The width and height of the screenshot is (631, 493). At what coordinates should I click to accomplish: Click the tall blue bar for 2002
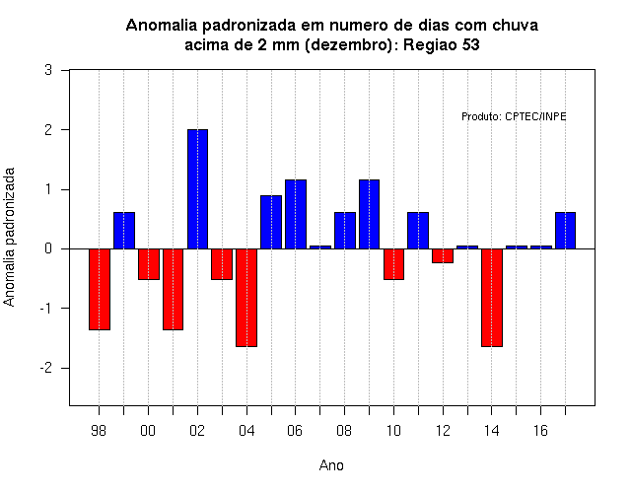(x=197, y=189)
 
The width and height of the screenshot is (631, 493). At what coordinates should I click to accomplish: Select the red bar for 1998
(x=100, y=289)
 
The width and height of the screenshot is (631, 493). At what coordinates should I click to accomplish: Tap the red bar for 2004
(x=246, y=298)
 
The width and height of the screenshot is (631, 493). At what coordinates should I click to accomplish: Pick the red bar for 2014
(x=492, y=298)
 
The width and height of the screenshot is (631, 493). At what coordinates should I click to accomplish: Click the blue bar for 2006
(x=296, y=214)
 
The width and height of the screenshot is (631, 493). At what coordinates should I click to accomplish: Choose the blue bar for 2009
(x=369, y=214)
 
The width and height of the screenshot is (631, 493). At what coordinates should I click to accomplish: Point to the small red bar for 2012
(x=443, y=256)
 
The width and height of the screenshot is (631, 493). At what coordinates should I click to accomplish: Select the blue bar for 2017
(x=565, y=231)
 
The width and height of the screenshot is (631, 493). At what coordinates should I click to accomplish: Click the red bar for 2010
(x=393, y=264)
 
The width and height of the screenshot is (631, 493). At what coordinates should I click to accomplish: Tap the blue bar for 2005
(x=271, y=222)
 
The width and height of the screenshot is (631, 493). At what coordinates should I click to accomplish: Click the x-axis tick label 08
(x=344, y=431)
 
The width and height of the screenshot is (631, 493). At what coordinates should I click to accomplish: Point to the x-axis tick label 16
(x=540, y=431)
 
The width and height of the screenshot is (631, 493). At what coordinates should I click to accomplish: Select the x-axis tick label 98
(x=99, y=431)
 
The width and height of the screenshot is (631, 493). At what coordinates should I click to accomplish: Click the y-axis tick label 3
(x=48, y=70)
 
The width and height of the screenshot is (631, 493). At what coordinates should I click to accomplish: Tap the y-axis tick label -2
(x=46, y=368)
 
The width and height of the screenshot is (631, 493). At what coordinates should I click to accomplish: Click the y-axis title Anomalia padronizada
(x=9, y=237)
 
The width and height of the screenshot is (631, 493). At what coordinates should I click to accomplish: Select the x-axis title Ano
(x=331, y=465)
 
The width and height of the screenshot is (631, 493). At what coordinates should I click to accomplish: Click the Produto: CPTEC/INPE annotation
(x=514, y=116)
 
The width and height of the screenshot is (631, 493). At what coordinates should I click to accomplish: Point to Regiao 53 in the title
(x=442, y=44)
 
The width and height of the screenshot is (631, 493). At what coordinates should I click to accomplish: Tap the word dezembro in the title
(x=346, y=44)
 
